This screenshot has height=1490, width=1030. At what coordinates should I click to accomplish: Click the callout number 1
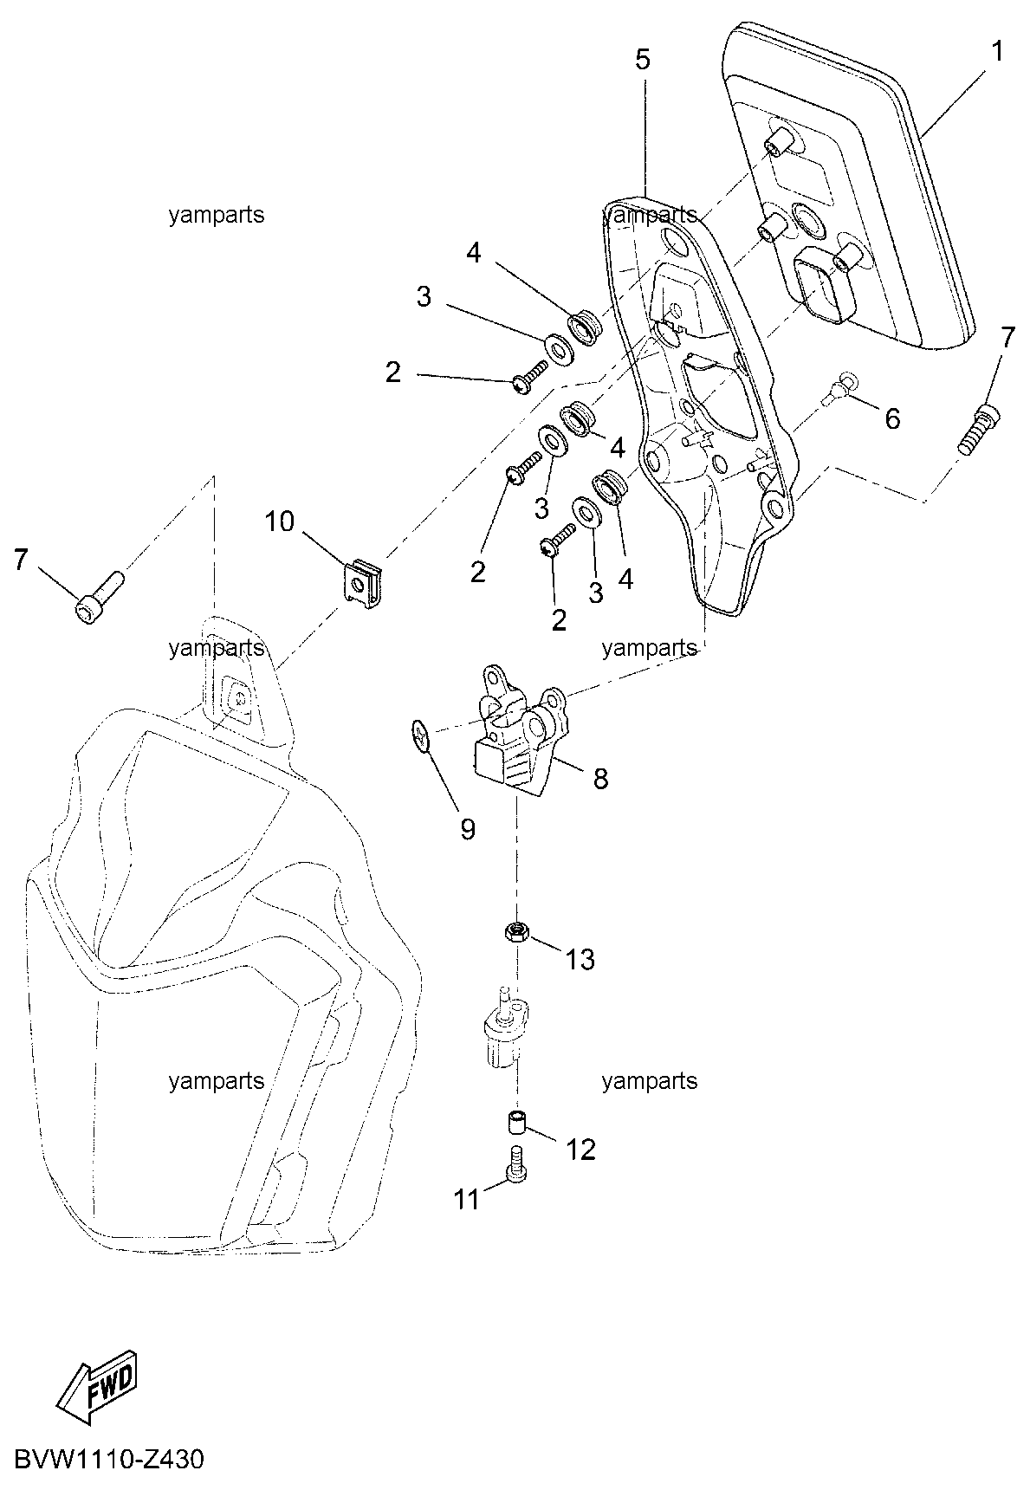pos(997,52)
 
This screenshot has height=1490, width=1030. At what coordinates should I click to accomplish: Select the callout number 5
pos(642,60)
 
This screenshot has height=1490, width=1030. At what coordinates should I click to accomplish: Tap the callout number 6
pos(891,418)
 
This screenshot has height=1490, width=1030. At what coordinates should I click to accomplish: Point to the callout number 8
pos(600,778)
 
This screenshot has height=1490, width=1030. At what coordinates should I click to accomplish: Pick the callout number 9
pos(468,830)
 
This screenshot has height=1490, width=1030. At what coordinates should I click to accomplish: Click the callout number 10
pos(279,521)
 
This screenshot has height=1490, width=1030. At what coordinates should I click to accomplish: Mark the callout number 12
pos(581,1150)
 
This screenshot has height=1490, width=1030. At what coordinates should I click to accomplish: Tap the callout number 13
pos(580,959)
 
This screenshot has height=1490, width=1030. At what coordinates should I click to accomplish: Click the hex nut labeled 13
pos(517,933)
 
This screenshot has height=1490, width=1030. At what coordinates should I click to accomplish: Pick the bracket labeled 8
pos(519,728)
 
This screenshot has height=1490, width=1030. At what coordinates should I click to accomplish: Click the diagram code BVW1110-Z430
pos(108,1461)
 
